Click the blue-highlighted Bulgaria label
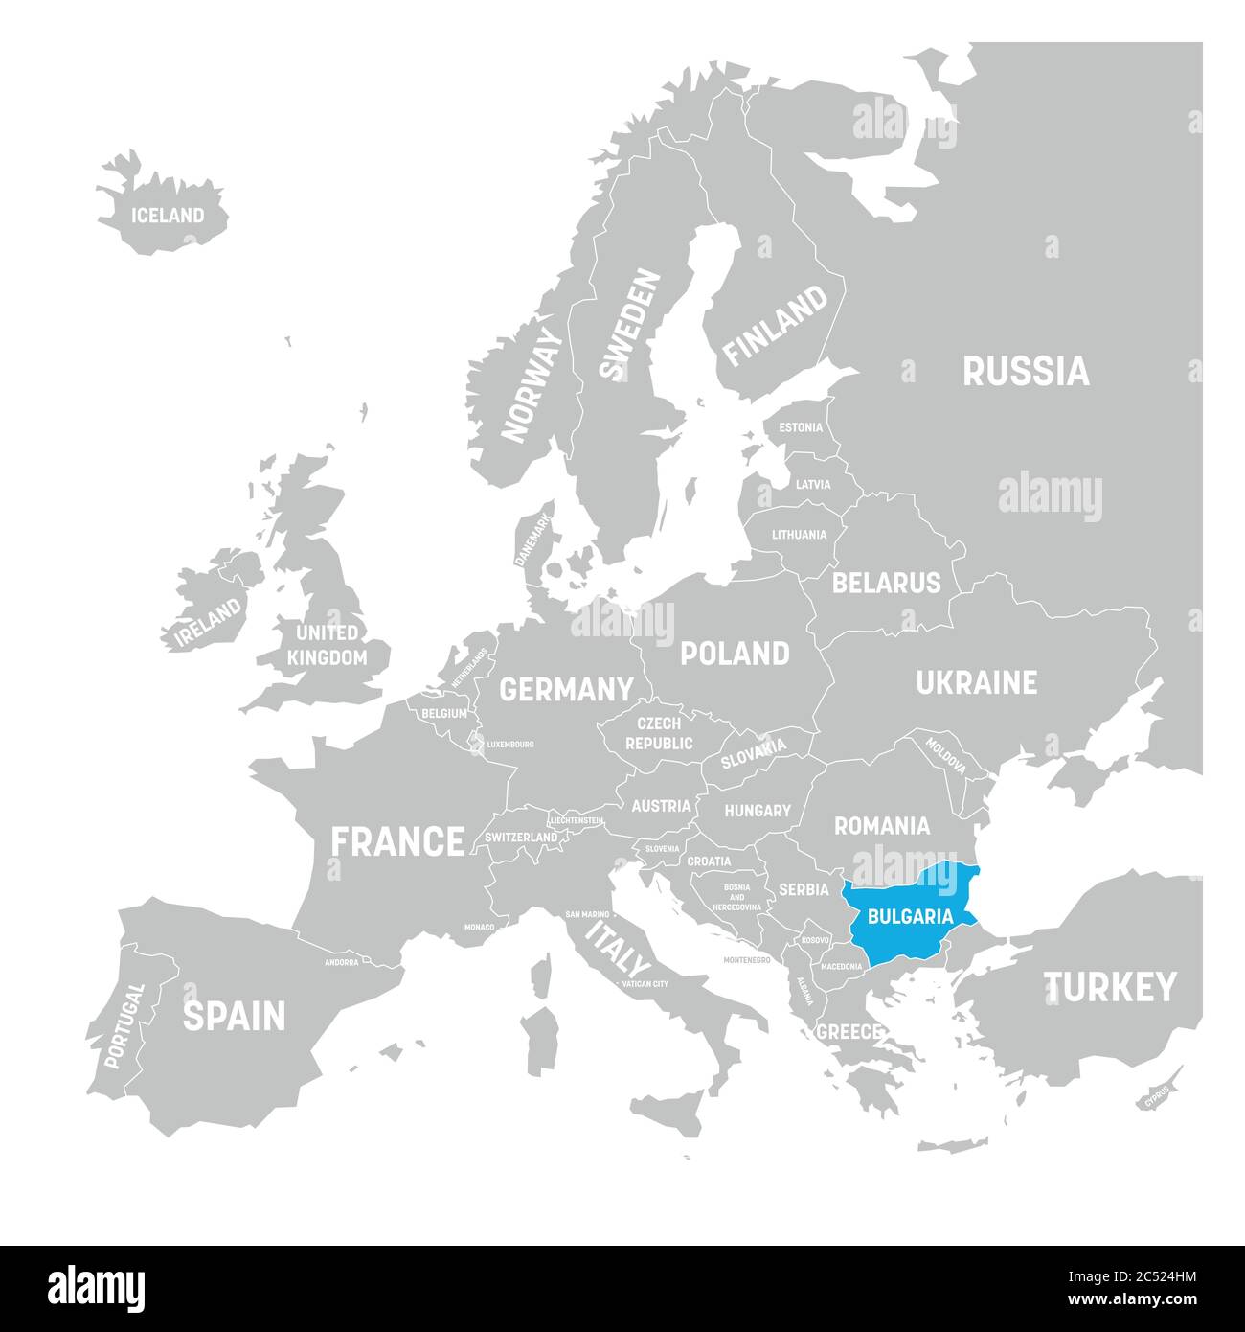(x=909, y=915)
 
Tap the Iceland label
(x=168, y=216)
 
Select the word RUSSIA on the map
(x=1026, y=371)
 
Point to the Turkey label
(x=1110, y=986)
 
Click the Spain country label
(x=234, y=1016)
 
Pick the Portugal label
(x=124, y=1026)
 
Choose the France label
(x=397, y=841)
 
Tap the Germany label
(x=566, y=689)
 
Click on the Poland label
(x=735, y=654)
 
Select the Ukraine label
(x=976, y=682)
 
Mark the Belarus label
(x=886, y=583)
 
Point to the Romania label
(x=881, y=825)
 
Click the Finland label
(x=775, y=326)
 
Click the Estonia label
(x=800, y=427)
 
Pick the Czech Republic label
(x=659, y=733)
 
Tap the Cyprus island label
(x=1156, y=1095)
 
